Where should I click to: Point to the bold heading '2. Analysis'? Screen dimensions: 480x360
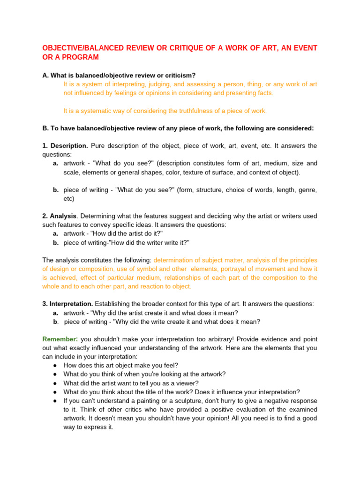click(x=59, y=216)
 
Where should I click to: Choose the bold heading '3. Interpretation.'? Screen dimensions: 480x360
click(x=67, y=304)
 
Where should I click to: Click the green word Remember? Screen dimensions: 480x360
click(x=60, y=339)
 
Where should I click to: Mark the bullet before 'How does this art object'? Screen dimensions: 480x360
click(x=55, y=365)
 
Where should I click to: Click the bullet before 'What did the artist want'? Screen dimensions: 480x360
click(x=55, y=383)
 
